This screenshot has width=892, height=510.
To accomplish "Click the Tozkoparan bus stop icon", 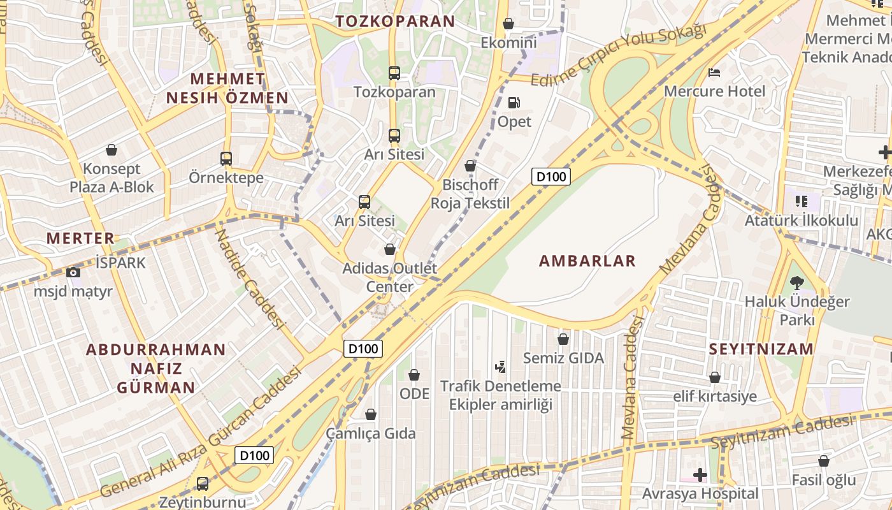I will pos(394,73).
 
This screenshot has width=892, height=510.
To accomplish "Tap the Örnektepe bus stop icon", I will pos(226,159).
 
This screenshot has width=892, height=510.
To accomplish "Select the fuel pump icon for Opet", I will pos(514,103).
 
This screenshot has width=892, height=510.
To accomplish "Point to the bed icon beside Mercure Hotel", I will pos(715,72).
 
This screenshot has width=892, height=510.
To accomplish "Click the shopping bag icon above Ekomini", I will pos(508,24).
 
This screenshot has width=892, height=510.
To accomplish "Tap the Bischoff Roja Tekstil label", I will pos(470,194).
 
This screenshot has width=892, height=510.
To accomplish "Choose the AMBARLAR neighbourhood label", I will pos(587,261).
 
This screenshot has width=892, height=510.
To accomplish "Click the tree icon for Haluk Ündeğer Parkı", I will pos(796,282).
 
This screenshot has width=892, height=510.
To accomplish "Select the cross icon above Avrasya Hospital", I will pos(700,475).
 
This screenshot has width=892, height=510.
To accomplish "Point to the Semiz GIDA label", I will pos(563,358).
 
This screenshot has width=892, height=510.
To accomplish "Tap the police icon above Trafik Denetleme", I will pos(501,367).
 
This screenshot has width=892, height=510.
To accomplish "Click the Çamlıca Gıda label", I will pos(371,433).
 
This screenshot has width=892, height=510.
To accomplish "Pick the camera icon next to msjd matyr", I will pos(73,273).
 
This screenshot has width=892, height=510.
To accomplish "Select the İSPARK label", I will pos(120,263).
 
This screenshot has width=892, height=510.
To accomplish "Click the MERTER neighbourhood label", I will pos(80,238).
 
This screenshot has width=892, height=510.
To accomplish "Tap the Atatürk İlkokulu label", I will pos(802,221).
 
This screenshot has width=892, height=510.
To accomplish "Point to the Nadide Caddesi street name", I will pos(249,279).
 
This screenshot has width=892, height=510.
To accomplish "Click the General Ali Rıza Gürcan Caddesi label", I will pos(199,433).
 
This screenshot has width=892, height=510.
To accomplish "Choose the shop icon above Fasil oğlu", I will pos(824,461).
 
